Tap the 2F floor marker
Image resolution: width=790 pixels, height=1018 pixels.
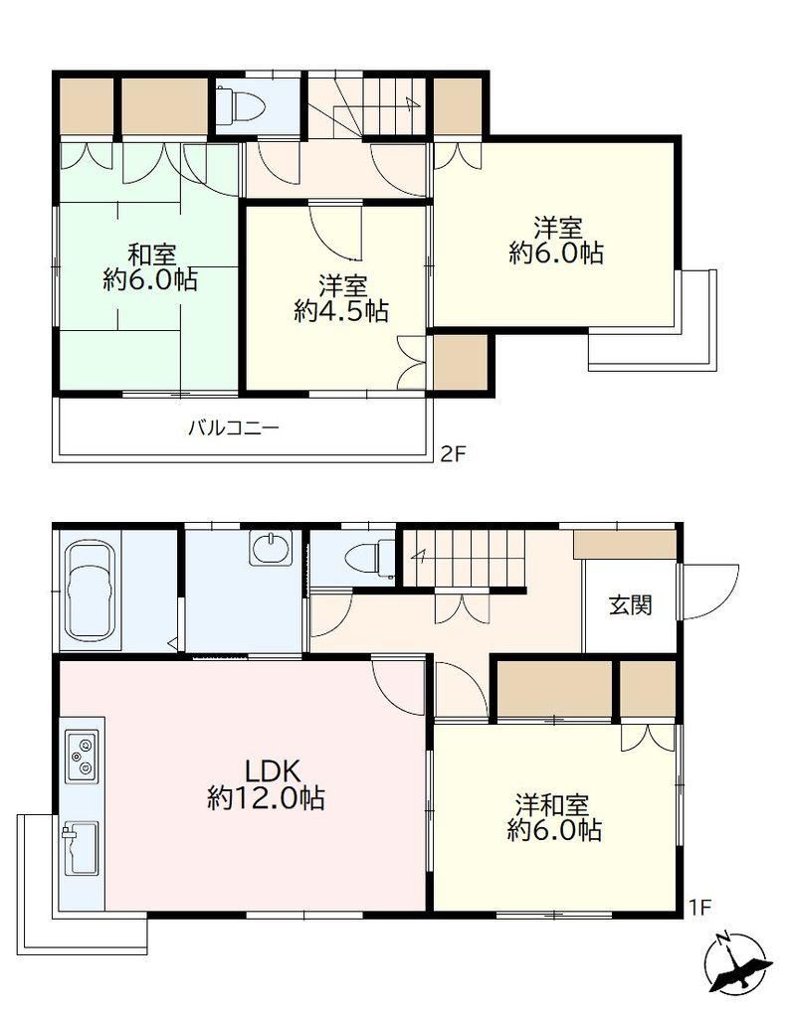pyautogui.click(x=453, y=453)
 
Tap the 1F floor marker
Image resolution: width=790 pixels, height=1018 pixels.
pyautogui.click(x=700, y=907)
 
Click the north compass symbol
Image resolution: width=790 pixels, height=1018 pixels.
pyautogui.click(x=737, y=962)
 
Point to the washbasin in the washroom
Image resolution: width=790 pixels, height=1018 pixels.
pyautogui.click(x=271, y=549)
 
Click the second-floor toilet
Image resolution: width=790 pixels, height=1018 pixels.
pyautogui.click(x=242, y=103)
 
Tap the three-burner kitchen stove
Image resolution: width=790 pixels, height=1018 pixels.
pyautogui.click(x=82, y=756)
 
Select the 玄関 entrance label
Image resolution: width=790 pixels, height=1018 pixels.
pyautogui.click(x=630, y=605)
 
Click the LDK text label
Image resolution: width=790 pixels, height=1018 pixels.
pyautogui.click(x=272, y=771)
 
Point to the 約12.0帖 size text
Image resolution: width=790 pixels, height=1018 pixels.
pyautogui.click(x=267, y=797)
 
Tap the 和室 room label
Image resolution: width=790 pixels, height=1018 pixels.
pyautogui.click(x=150, y=254)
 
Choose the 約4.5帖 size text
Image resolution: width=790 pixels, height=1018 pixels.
pyautogui.click(x=341, y=311)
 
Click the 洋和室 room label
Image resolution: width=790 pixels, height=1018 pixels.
pyautogui.click(x=552, y=805)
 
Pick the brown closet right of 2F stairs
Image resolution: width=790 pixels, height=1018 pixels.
pyautogui.click(x=458, y=105)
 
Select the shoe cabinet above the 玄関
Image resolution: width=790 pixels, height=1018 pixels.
pyautogui.click(x=625, y=544)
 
